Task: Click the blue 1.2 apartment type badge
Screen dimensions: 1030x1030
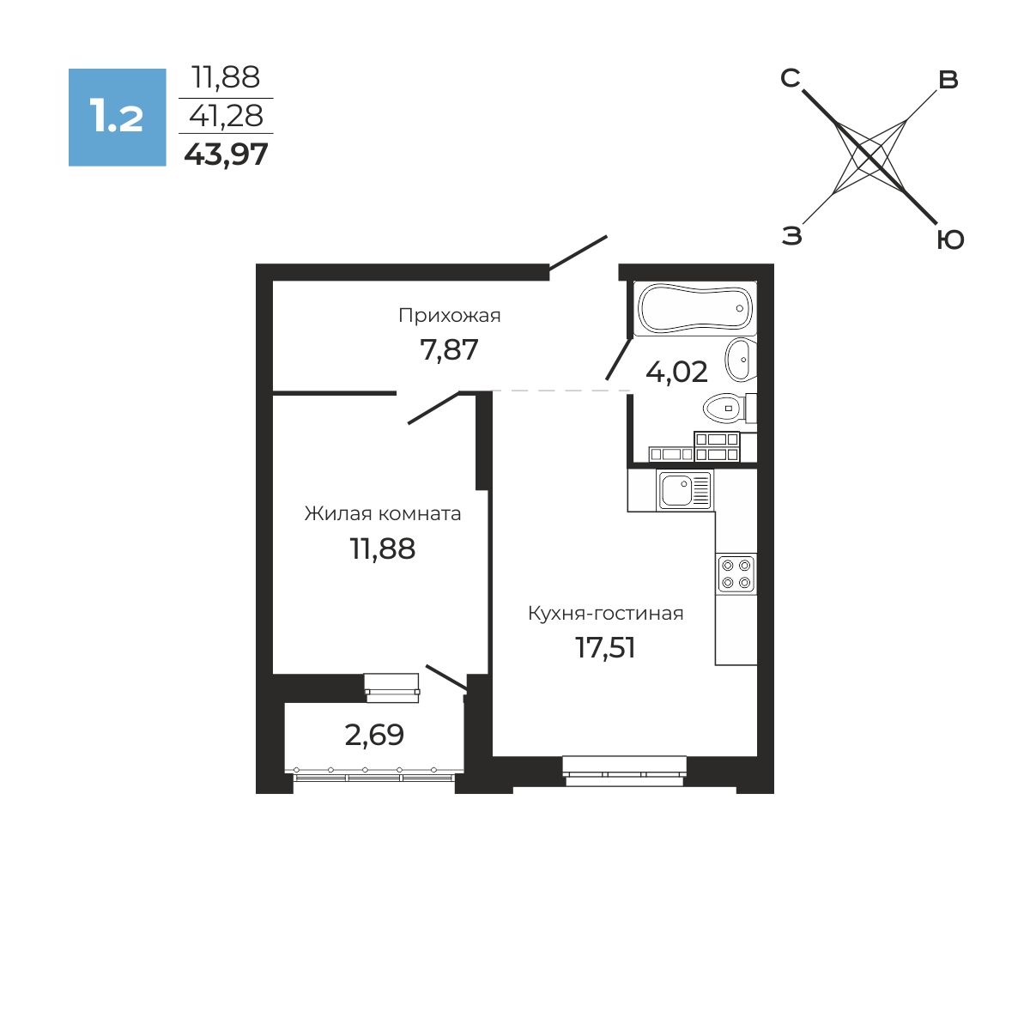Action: coord(117,117)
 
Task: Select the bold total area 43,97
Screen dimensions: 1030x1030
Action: coord(226,155)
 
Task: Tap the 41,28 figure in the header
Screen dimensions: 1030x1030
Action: coord(226,116)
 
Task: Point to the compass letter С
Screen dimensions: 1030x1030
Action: coord(790,79)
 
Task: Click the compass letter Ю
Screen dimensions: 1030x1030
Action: coord(950,240)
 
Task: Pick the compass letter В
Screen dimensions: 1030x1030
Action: coord(948,80)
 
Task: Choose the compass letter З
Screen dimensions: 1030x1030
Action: coord(792,236)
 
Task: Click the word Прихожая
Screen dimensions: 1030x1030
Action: coord(450,316)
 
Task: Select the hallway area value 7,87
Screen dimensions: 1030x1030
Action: coord(449,351)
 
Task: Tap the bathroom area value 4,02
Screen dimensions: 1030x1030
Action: coord(676,372)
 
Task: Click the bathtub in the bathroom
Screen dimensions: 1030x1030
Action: coord(695,308)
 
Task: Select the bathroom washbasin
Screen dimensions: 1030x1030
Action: coord(740,359)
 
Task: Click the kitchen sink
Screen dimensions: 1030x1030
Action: coord(685,490)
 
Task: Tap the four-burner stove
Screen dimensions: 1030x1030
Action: coord(736,574)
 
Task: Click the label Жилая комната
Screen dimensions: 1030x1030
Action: coord(383,513)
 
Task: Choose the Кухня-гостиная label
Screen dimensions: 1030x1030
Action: coord(606,613)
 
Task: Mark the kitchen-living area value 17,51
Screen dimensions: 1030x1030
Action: coord(606,647)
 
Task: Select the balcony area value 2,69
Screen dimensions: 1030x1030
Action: coord(374,735)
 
